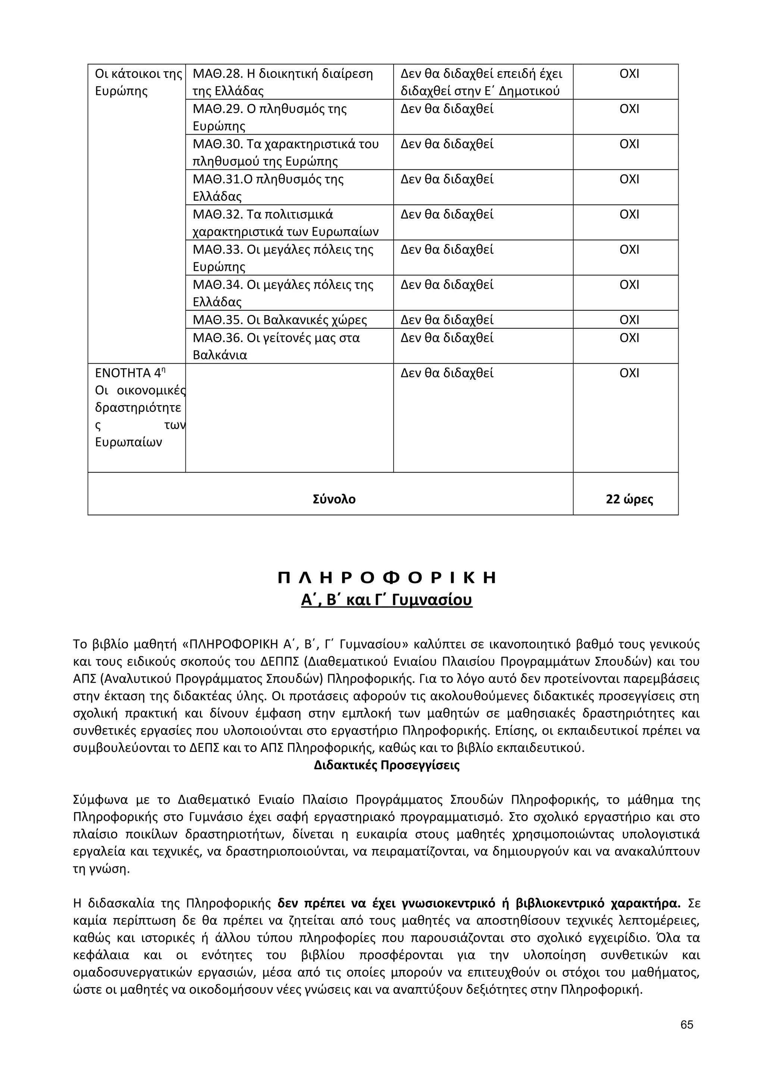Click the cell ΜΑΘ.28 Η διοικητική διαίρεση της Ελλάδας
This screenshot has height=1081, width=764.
click(x=289, y=82)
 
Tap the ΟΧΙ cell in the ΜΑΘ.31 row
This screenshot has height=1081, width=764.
click(x=629, y=179)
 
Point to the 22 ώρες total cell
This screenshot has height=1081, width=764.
click(x=629, y=499)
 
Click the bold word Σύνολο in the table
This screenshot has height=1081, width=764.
click(x=334, y=499)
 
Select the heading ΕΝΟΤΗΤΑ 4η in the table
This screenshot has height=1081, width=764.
click(x=130, y=373)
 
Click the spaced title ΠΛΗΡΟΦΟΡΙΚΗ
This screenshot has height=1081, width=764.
click(x=387, y=578)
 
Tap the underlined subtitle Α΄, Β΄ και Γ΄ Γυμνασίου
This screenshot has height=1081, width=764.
click(x=386, y=600)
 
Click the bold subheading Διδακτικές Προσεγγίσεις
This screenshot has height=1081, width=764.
click(x=386, y=765)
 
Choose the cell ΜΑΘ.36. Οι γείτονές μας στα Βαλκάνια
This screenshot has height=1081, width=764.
click(x=289, y=346)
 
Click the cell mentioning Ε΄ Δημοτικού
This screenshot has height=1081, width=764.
click(x=482, y=82)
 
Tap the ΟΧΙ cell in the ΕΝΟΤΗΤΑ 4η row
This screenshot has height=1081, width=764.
click(x=629, y=373)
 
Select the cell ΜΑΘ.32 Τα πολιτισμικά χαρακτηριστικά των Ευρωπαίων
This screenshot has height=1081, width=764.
click(x=289, y=223)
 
